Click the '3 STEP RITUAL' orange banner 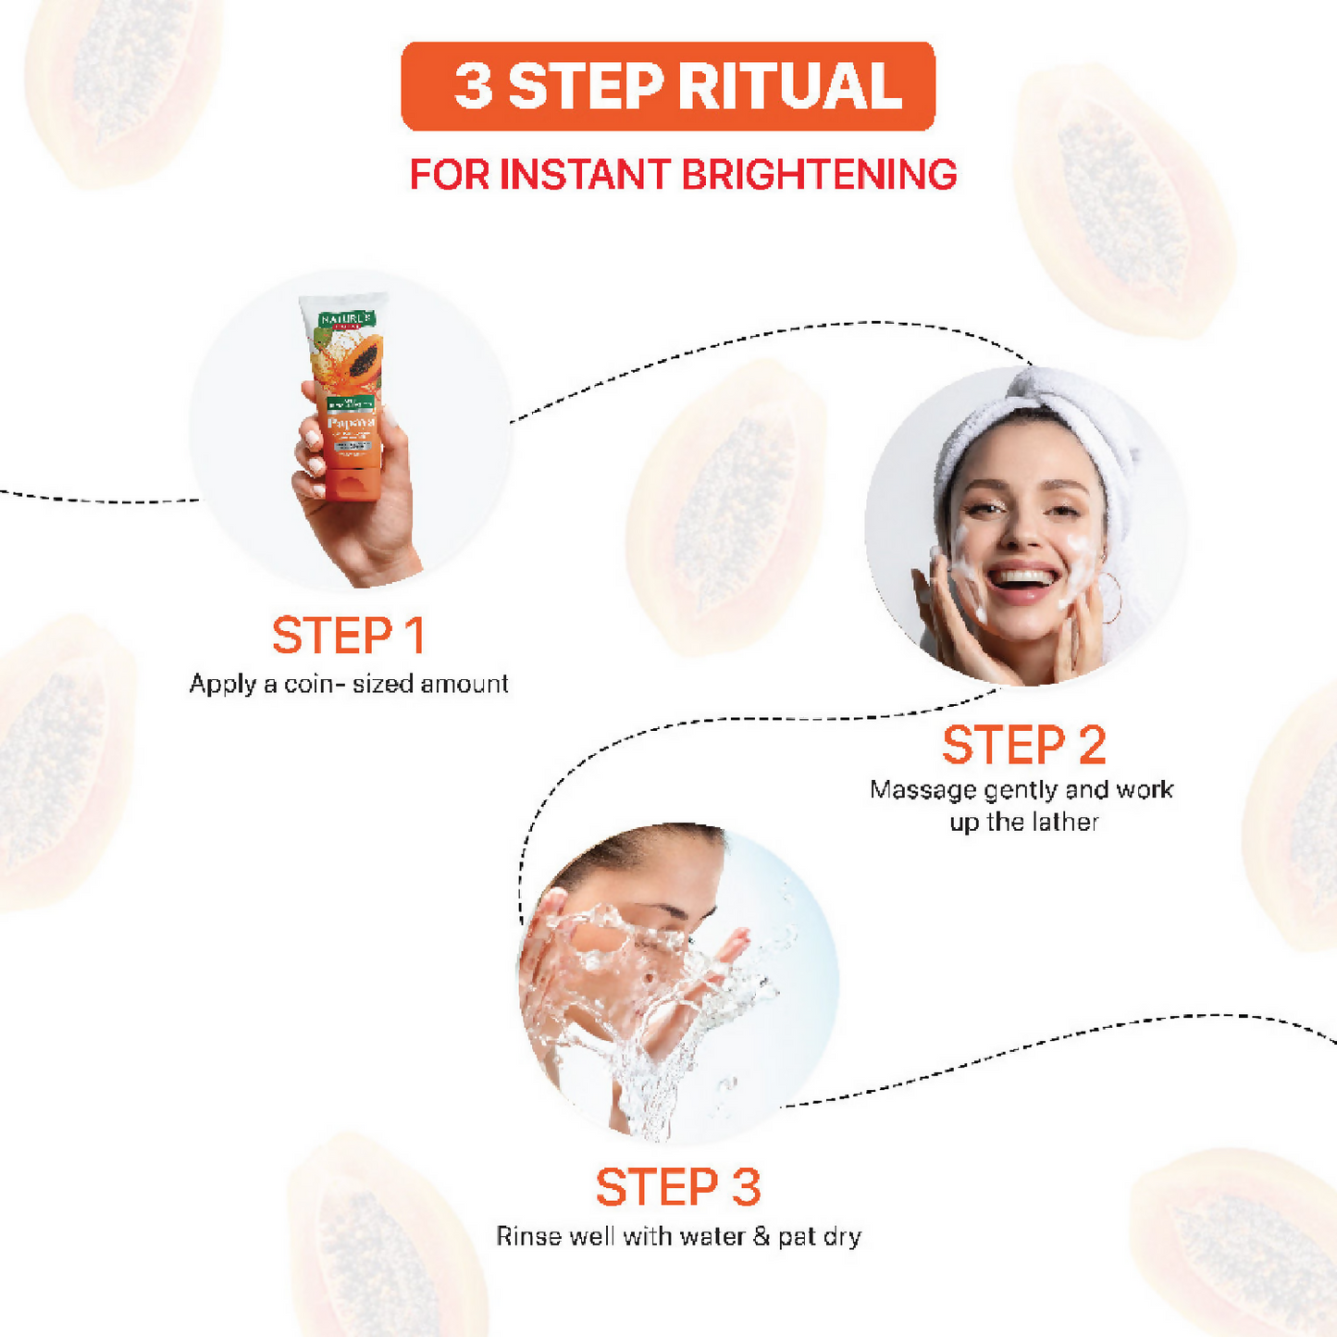coord(668,86)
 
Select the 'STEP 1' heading coord(349,636)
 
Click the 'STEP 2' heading coord(1024,746)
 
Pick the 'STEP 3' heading coord(678,1187)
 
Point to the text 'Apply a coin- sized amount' coord(349,684)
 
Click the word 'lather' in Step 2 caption coord(1065,822)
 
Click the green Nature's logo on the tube coord(346,319)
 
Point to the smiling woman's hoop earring coord(1112,598)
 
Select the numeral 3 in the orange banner coord(473,87)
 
